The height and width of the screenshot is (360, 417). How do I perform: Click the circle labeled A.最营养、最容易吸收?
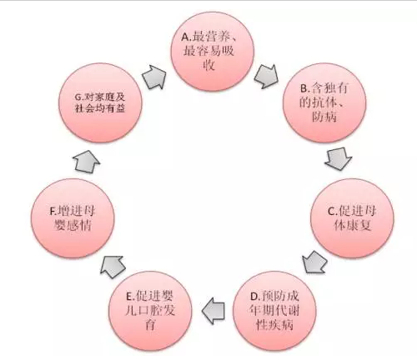click(213, 51)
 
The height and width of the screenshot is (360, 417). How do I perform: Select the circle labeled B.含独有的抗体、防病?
click(324, 102)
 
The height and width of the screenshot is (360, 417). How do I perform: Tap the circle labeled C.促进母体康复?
click(352, 218)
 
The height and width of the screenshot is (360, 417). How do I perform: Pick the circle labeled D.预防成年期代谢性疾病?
click(274, 311)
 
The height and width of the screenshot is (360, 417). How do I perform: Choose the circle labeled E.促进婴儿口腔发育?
click(150, 311)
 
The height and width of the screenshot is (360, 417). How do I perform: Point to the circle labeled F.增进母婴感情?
click(73, 218)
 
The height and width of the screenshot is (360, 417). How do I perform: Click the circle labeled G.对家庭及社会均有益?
click(100, 102)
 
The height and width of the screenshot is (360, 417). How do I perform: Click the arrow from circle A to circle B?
click(266, 76)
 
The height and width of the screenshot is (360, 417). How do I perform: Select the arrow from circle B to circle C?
click(339, 158)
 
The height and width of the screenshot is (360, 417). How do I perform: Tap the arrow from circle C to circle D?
click(314, 262)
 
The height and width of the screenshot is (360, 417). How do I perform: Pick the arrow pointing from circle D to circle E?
click(214, 311)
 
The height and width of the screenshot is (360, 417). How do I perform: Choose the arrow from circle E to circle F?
click(113, 267)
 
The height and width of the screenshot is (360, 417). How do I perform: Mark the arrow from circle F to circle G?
click(86, 162)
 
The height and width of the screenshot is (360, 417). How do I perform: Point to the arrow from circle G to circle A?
click(154, 77)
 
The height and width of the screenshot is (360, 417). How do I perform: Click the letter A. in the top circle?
click(187, 37)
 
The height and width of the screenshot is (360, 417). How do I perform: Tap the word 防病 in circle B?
click(324, 117)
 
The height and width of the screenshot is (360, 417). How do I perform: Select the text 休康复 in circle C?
click(352, 225)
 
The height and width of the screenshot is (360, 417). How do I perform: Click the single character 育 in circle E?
click(150, 324)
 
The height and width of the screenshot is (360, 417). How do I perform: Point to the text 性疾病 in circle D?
click(274, 324)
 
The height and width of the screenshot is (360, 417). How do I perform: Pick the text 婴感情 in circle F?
click(73, 225)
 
